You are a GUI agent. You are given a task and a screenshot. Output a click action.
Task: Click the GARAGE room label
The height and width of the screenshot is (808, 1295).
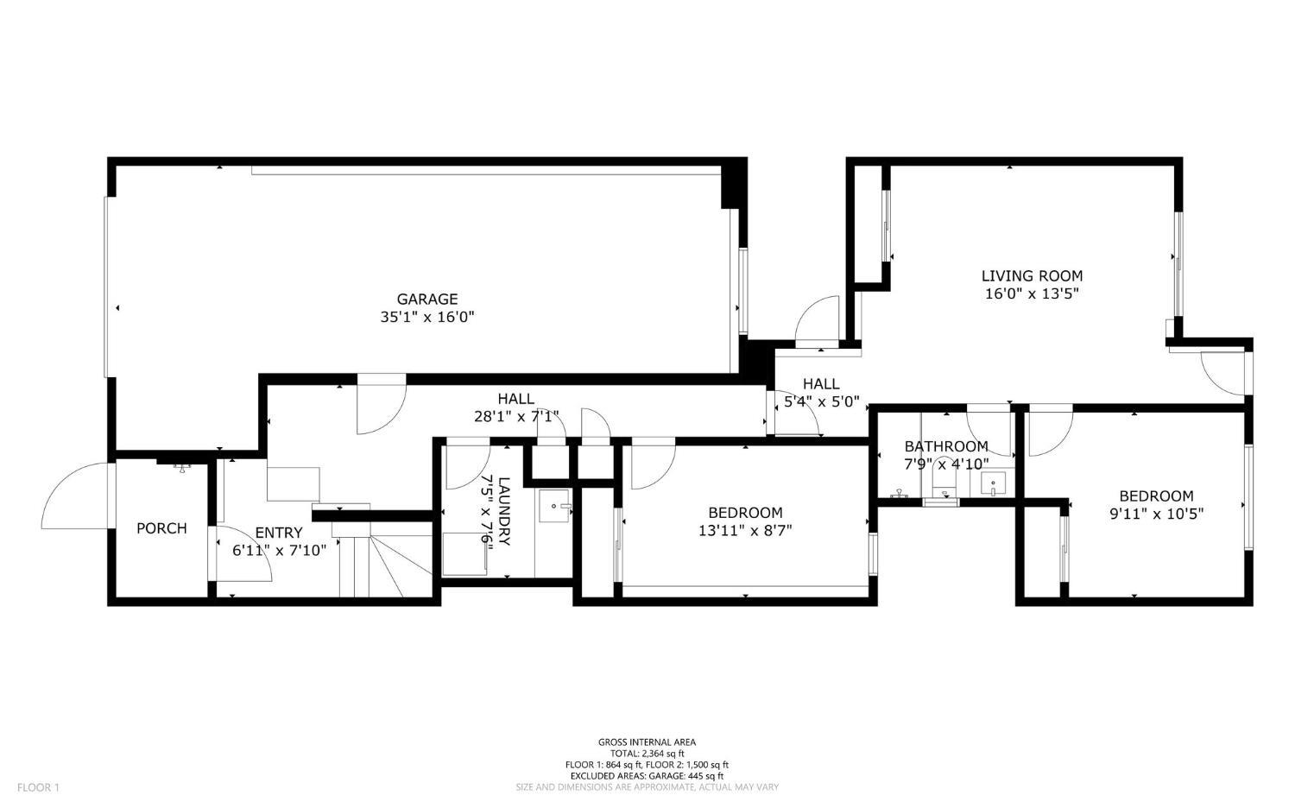426,299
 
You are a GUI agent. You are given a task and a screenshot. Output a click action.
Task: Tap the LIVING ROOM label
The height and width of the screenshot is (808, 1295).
1032,275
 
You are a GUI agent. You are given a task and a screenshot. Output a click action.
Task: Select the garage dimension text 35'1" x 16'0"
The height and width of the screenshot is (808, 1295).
427,317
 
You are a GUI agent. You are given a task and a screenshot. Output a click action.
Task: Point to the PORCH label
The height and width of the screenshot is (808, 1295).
162,528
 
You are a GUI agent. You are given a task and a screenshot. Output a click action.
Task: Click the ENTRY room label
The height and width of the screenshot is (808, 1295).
279,533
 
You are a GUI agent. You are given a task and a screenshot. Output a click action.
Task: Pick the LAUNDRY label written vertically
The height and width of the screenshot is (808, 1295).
504,511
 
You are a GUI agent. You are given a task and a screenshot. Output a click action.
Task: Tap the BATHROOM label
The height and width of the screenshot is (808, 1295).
946,446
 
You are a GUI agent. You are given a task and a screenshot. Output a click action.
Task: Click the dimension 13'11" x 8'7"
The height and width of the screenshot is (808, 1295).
745,530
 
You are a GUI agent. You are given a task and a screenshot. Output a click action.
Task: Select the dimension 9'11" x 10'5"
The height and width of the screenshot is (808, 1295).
1156,514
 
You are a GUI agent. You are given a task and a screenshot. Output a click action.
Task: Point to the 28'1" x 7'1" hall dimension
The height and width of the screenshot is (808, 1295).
516,416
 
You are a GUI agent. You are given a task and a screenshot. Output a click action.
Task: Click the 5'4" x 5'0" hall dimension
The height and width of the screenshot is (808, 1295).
822,401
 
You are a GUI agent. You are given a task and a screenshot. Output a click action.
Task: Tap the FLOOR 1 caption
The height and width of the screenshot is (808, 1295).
38,787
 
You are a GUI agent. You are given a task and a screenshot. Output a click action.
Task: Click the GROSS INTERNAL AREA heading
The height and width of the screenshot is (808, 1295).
647,742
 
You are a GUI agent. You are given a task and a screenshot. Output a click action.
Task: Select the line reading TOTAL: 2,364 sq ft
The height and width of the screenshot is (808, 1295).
647,754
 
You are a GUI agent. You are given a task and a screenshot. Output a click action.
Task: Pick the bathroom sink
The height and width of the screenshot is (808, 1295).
993,483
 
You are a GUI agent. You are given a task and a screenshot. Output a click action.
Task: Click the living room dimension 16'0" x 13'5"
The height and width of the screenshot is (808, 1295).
1032,294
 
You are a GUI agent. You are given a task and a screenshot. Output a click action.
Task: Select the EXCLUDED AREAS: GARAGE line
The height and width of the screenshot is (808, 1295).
647,776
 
